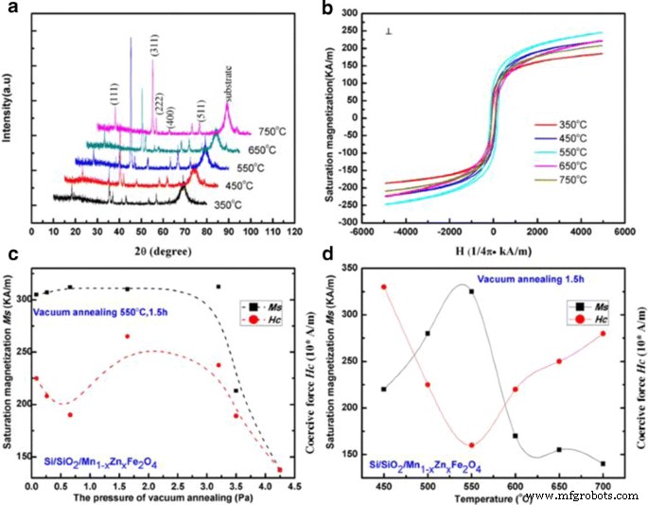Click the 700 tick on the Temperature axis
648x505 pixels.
pos(603,485)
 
